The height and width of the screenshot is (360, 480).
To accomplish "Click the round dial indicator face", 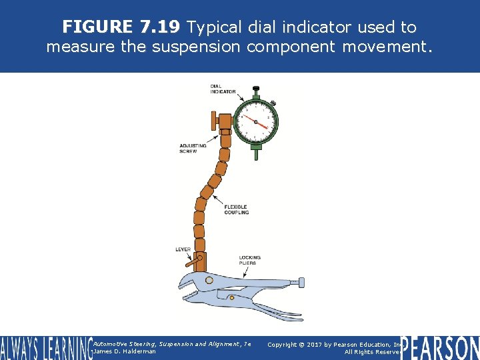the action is (255, 122).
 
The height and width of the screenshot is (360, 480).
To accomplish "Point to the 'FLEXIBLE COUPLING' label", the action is (237, 209).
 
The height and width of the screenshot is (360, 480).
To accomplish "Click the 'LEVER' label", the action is (183, 249).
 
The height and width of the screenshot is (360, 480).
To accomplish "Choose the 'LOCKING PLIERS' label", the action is (250, 260).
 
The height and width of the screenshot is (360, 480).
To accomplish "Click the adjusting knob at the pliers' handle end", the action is (301, 281).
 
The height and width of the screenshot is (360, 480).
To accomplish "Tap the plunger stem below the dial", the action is (255, 154).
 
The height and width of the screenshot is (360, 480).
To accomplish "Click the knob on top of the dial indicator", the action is (255, 89).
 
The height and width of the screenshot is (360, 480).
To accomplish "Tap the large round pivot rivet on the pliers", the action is (209, 280).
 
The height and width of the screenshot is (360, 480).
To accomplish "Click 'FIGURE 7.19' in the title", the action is (121, 27).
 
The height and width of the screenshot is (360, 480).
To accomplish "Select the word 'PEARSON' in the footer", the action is (440, 347).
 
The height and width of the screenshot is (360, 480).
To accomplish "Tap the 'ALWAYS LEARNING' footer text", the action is (45, 347).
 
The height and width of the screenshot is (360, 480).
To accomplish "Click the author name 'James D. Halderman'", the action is (125, 351).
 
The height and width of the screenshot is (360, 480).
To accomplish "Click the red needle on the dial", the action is (256, 122).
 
